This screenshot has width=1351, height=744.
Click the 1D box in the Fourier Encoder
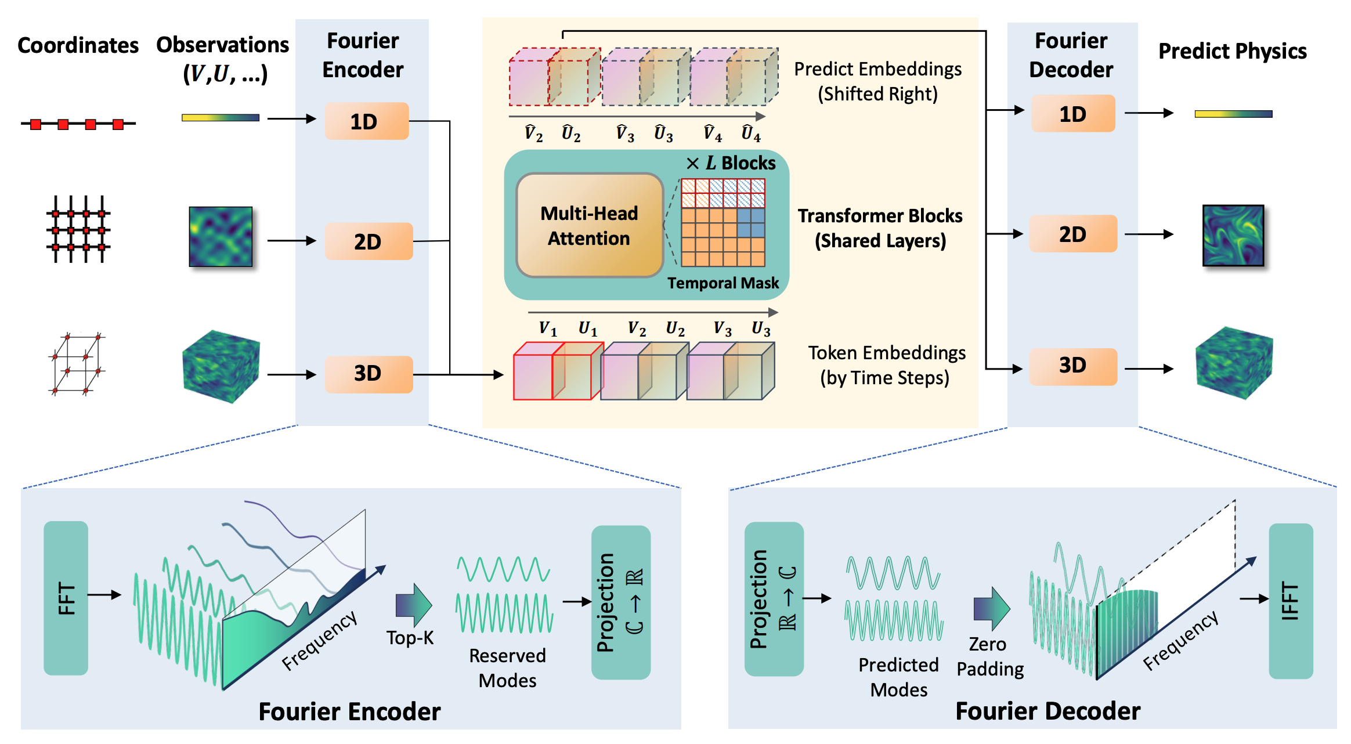tap(367, 121)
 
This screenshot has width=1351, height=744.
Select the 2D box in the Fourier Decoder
tap(1072, 234)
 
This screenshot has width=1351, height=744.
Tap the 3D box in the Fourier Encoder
tap(369, 374)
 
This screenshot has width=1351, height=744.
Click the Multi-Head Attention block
tap(589, 225)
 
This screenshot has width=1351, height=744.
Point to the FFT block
tap(66, 598)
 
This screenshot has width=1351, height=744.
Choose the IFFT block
tap(1291, 601)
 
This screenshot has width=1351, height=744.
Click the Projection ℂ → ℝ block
tap(620, 602)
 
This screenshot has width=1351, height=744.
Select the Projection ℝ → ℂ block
tap(774, 599)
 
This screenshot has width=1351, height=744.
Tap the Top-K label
tap(410, 638)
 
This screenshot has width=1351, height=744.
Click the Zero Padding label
tap(990, 656)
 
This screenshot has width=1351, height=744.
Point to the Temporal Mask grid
tap(723, 222)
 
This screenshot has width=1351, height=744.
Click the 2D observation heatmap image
tap(221, 237)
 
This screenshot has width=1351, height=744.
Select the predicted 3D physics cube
tap(1234, 363)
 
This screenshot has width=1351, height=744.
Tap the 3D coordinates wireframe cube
tap(76, 364)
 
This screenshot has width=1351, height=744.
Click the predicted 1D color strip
tap(1233, 114)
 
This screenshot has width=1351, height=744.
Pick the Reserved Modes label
tap(507, 668)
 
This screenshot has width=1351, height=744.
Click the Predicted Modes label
tap(898, 677)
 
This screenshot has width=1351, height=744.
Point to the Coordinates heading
tap(78, 45)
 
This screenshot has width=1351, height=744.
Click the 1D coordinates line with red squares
tap(78, 124)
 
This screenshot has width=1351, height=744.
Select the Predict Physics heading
tap(1233, 51)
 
